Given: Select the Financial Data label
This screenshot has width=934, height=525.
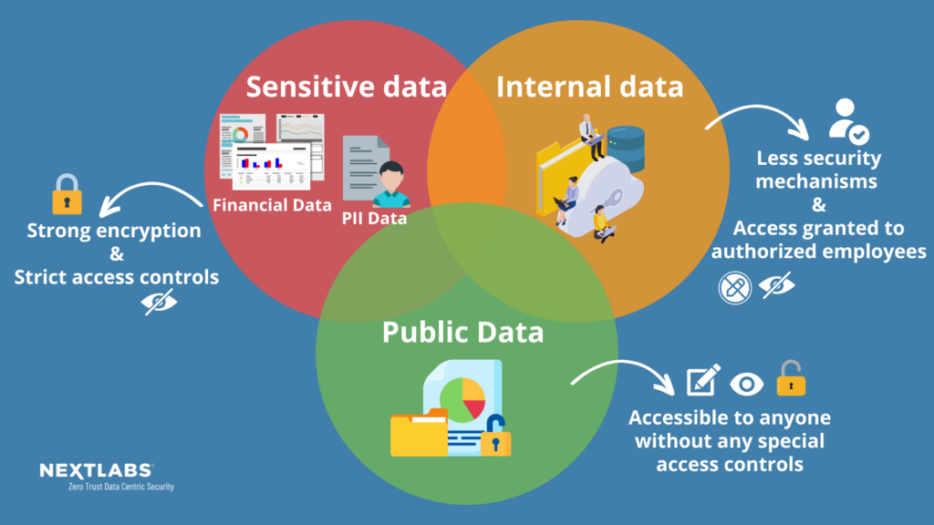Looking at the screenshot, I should (x=272, y=204).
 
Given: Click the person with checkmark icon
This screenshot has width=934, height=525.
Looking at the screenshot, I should (x=847, y=122).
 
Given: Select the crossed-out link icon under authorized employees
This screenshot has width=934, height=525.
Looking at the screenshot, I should (x=735, y=287).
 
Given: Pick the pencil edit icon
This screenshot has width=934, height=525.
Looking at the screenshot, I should (x=702, y=379).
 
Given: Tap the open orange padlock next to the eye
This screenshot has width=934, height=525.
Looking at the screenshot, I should (x=791, y=378).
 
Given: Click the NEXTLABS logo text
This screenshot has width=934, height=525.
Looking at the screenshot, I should (x=97, y=470).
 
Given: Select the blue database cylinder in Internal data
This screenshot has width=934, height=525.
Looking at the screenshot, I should (x=626, y=149).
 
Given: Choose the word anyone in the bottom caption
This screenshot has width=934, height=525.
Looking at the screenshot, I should (x=795, y=418).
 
